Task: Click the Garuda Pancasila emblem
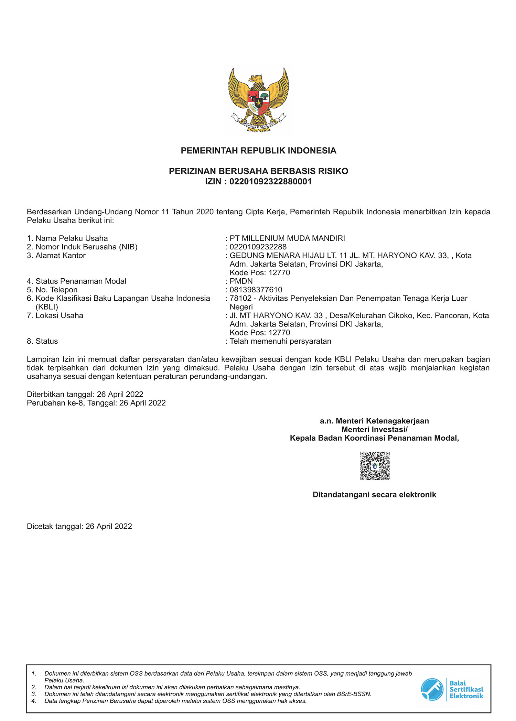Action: click(x=258, y=99)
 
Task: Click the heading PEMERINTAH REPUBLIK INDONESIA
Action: click(x=258, y=151)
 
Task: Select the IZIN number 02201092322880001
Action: click(x=270, y=182)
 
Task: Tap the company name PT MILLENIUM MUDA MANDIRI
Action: click(x=287, y=238)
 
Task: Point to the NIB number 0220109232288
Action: click(x=258, y=247)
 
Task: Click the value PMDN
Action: click(x=241, y=281)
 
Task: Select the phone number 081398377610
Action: click(x=256, y=290)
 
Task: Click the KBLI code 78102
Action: click(x=240, y=299)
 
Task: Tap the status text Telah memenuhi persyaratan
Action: click(x=280, y=341)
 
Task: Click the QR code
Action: click(x=375, y=466)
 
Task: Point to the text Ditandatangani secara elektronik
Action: click(x=374, y=495)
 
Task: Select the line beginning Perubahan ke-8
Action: click(x=96, y=403)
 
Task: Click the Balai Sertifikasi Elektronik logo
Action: click(x=452, y=689)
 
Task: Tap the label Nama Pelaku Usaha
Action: click(x=72, y=238)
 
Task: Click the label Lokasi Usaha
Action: click(x=59, y=316)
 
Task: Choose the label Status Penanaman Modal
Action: click(x=81, y=281)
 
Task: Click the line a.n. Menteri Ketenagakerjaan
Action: click(x=374, y=421)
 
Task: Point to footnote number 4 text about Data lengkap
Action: click(x=175, y=701)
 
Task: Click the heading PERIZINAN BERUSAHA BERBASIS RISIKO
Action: click(x=258, y=171)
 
